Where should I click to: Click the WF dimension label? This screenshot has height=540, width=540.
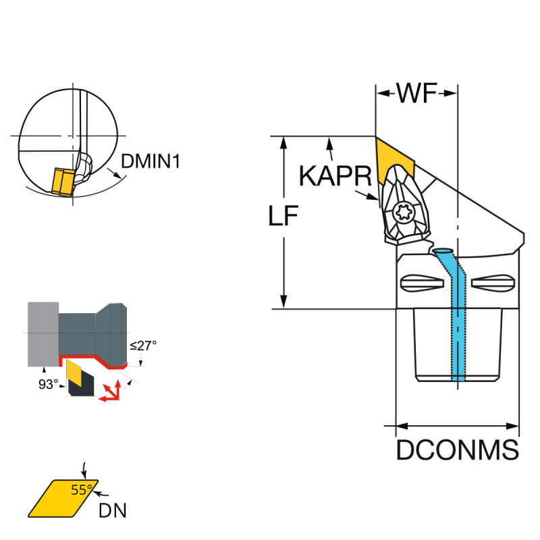pos(417,93)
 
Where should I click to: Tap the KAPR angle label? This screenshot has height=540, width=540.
pos(335,177)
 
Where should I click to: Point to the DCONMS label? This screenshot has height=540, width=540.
pos(457,450)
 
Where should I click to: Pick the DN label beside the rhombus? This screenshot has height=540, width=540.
pos(112,511)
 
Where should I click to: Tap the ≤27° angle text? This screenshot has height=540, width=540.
pos(143,345)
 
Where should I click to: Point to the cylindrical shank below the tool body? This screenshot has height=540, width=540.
pos(457,344)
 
